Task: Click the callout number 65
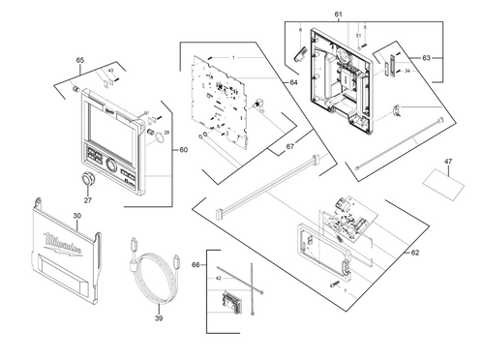[x=80, y=60]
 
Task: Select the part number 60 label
[x=185, y=150]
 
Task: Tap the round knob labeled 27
[x=88, y=179]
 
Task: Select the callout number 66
[x=197, y=264]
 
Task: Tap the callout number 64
[x=293, y=82]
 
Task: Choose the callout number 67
[x=289, y=146]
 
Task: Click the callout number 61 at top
[x=339, y=15]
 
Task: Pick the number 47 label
[x=447, y=161]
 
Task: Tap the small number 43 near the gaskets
[x=110, y=71]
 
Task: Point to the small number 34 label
[x=408, y=71]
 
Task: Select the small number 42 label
[x=218, y=278]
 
